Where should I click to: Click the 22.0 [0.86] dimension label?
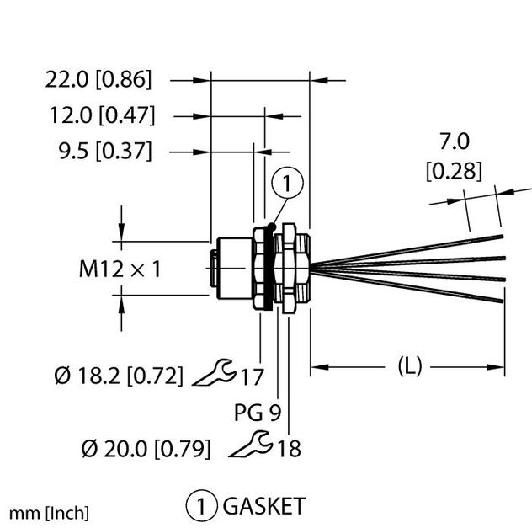click(99, 80)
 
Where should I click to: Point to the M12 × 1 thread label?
click(120, 269)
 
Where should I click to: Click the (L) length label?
click(409, 366)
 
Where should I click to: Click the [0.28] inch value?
click(454, 172)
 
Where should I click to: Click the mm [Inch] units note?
click(50, 512)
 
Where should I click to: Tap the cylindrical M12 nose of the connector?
click(228, 267)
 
